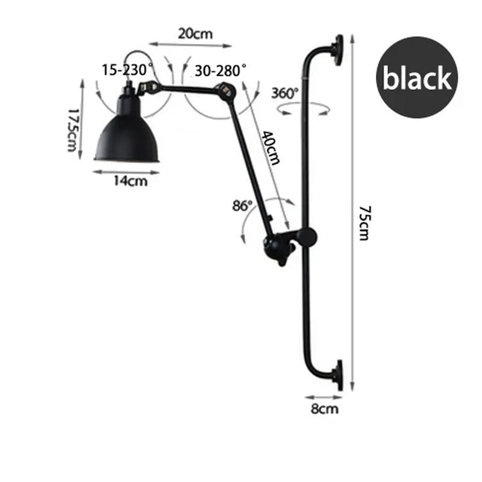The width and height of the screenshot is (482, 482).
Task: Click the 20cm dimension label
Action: (195, 34)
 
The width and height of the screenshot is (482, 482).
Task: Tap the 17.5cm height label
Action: (74, 130)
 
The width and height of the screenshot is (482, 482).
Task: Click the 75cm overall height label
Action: (363, 223)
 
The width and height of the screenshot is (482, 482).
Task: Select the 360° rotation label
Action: (284, 93)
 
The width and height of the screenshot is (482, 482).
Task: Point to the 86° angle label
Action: (242, 205)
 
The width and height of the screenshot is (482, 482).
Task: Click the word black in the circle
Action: (418, 78)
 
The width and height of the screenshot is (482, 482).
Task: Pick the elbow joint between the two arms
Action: (227, 92)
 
